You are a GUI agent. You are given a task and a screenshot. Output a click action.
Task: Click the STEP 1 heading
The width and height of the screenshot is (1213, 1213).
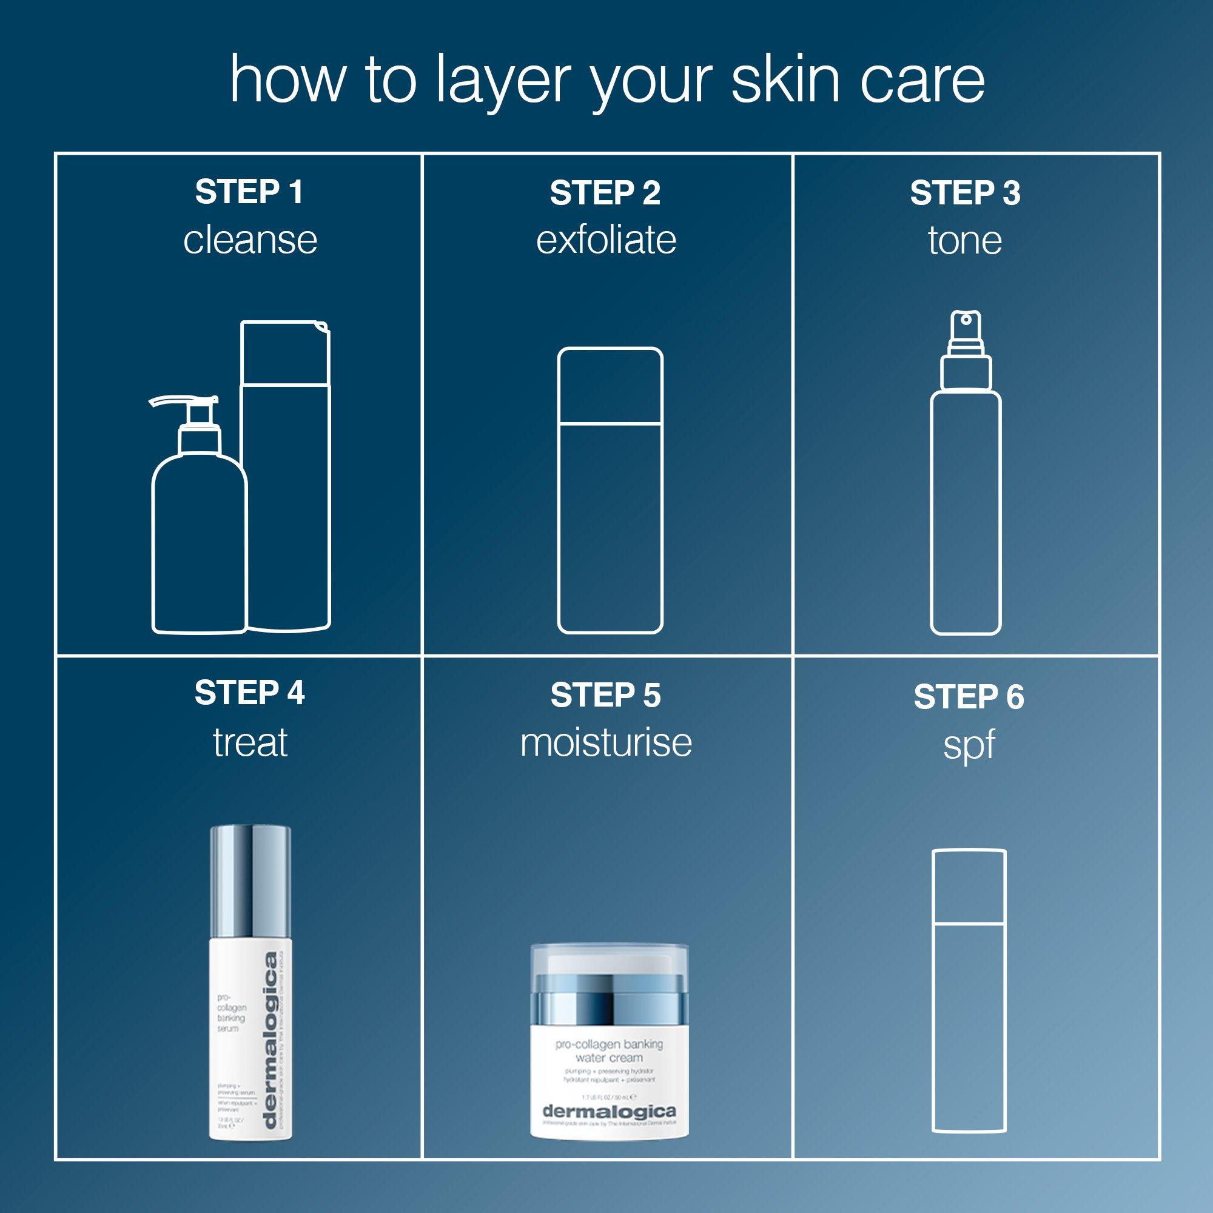[249, 192]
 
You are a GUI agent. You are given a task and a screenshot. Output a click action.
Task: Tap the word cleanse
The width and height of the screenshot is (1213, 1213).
[250, 240]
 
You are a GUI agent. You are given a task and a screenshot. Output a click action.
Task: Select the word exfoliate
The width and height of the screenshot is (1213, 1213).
[606, 240]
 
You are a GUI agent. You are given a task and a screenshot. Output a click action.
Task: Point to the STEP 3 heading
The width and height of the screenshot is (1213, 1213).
[965, 193]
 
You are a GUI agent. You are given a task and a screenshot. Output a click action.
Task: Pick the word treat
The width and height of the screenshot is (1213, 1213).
[250, 743]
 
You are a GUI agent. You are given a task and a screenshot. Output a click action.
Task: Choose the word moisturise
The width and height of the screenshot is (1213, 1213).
[606, 743]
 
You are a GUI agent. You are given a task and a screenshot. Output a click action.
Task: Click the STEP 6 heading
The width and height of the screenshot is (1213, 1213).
[969, 697]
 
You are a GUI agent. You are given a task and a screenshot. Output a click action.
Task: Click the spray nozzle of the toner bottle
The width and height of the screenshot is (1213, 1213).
[965, 326]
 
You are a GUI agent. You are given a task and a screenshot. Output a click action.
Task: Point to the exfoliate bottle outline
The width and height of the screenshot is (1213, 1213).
[610, 489]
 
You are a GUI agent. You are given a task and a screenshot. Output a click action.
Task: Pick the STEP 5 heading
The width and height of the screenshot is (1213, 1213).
[606, 696]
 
